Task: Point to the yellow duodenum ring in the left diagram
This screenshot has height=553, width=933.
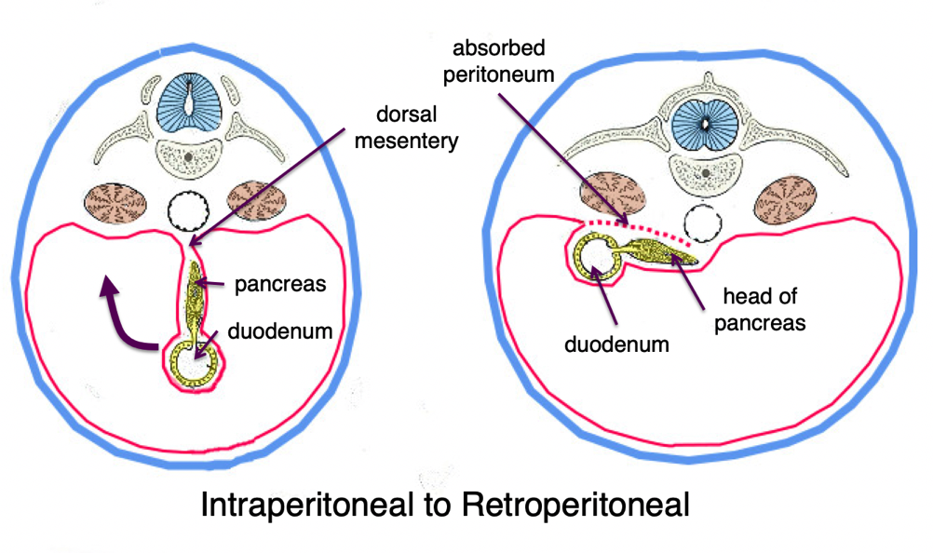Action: [x=195, y=358]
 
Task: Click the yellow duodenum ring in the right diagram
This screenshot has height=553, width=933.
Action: [x=596, y=256]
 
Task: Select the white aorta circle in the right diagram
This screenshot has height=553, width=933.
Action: [x=702, y=223]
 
